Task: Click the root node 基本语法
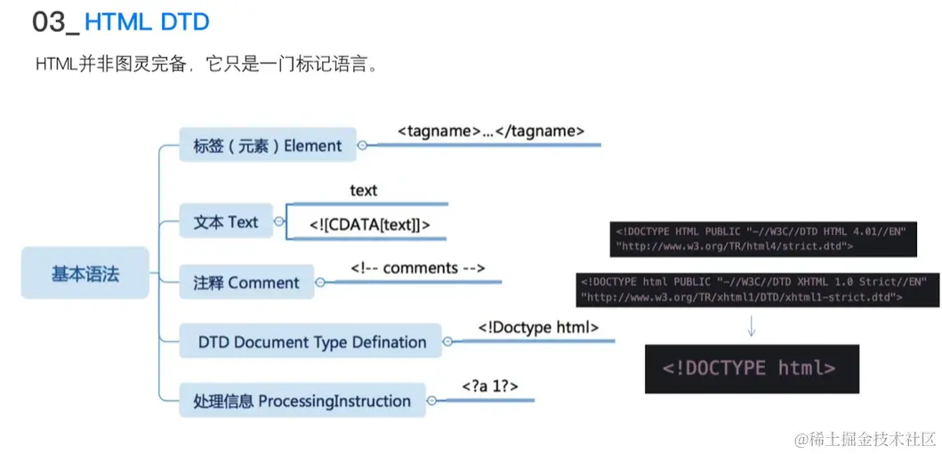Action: pyautogui.click(x=85, y=273)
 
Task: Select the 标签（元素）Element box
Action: pyautogui.click(x=267, y=146)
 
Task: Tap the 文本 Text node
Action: pyautogui.click(x=225, y=223)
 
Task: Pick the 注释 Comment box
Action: pyautogui.click(x=246, y=283)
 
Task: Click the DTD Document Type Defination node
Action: pyautogui.click(x=311, y=342)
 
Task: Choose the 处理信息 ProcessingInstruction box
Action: pyautogui.click(x=302, y=401)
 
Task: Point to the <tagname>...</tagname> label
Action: pyautogui.click(x=490, y=131)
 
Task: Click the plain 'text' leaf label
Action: pyautogui.click(x=363, y=191)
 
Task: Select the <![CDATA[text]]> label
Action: pyautogui.click(x=369, y=225)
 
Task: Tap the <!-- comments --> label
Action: pyautogui.click(x=416, y=268)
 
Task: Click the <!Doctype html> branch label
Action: pyautogui.click(x=538, y=328)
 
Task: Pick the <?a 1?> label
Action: pyautogui.click(x=489, y=386)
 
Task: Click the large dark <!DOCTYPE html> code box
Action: pyautogui.click(x=752, y=369)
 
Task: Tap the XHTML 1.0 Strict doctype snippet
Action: pyautogui.click(x=757, y=289)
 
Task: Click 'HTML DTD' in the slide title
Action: pyautogui.click(x=147, y=21)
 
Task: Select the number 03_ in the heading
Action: pyautogui.click(x=55, y=21)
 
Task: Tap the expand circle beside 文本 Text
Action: pyautogui.click(x=279, y=222)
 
